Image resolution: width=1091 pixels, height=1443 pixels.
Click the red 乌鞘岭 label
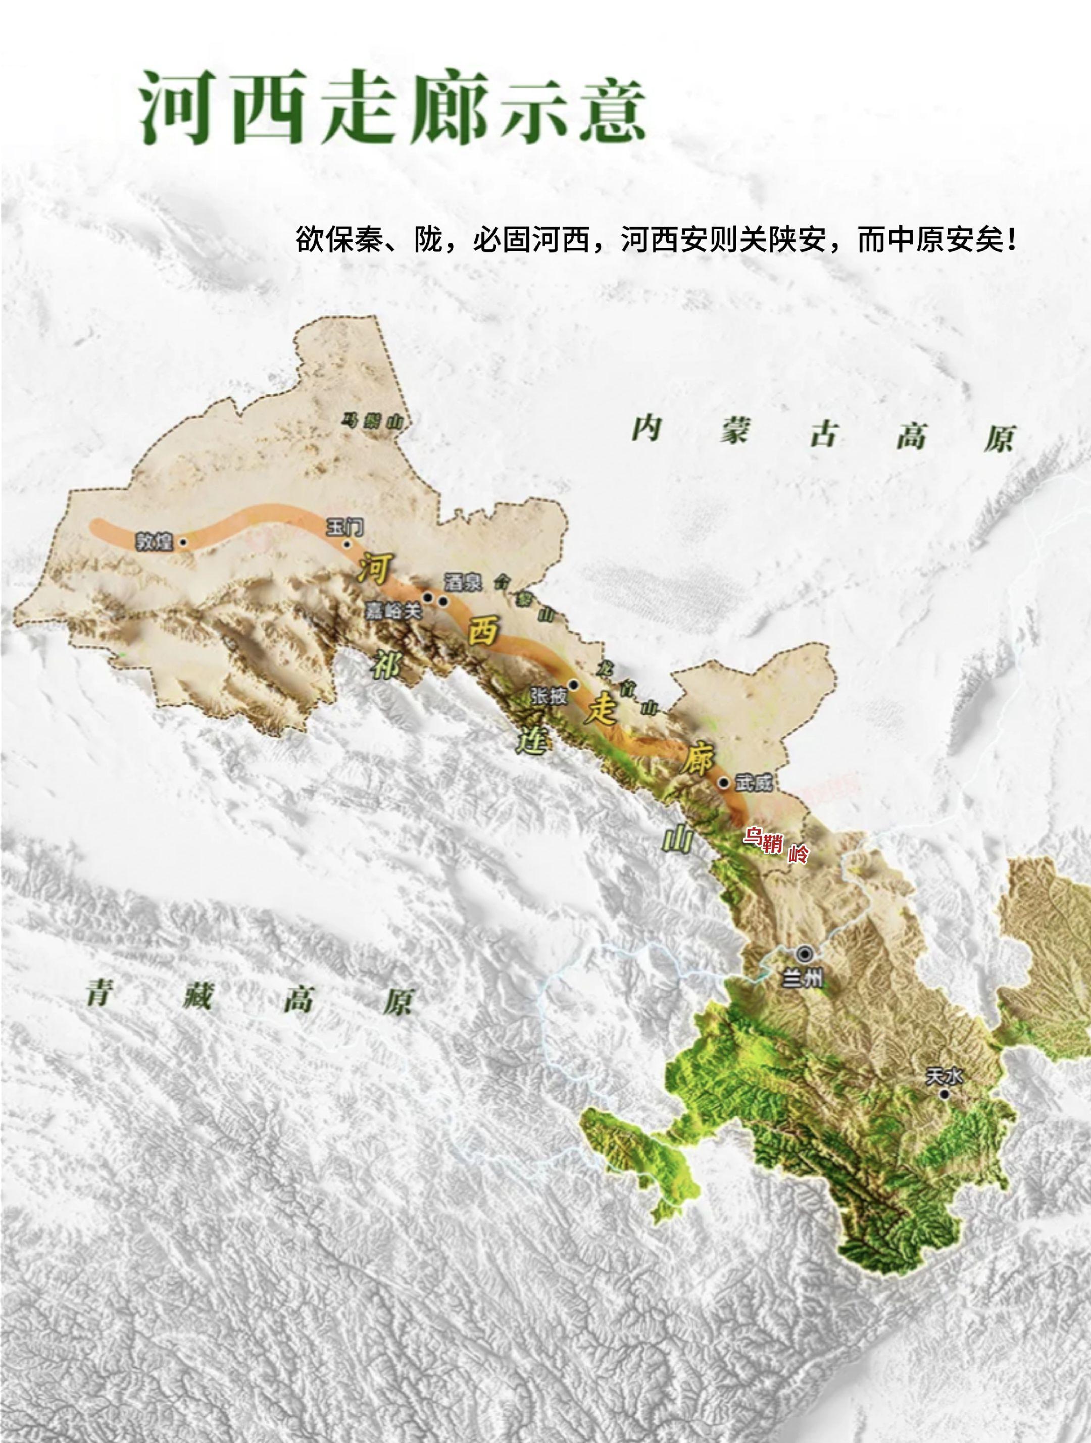tap(776, 844)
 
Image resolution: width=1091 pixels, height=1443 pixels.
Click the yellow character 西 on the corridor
tap(483, 630)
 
